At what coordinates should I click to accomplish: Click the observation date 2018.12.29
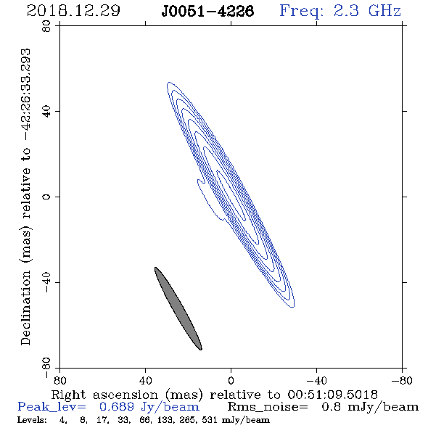[x=73, y=11]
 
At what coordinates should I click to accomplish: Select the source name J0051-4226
[x=207, y=11]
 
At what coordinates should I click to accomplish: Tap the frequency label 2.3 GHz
[x=367, y=11]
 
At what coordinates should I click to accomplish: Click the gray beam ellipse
[x=178, y=308]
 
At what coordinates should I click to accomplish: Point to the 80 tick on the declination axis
[x=46, y=26]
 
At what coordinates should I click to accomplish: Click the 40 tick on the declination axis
[x=46, y=112]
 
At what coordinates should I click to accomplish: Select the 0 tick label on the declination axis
[x=46, y=197]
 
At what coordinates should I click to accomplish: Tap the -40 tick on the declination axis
[x=46, y=282]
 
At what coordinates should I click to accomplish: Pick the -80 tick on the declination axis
[x=46, y=368]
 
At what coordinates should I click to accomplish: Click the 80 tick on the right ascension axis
[x=59, y=381]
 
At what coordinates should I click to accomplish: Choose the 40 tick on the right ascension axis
[x=146, y=381]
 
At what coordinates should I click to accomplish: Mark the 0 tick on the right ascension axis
[x=231, y=381]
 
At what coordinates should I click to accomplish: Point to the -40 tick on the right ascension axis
[x=316, y=381]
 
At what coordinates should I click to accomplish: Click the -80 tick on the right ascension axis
[x=402, y=381]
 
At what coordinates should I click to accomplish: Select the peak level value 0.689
[x=117, y=407]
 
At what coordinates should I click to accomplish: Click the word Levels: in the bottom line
[x=32, y=419]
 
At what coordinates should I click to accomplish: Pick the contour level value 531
[x=210, y=419]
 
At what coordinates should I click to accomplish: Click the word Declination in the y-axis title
[x=25, y=308]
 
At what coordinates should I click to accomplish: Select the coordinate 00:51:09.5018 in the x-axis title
[x=332, y=395]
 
